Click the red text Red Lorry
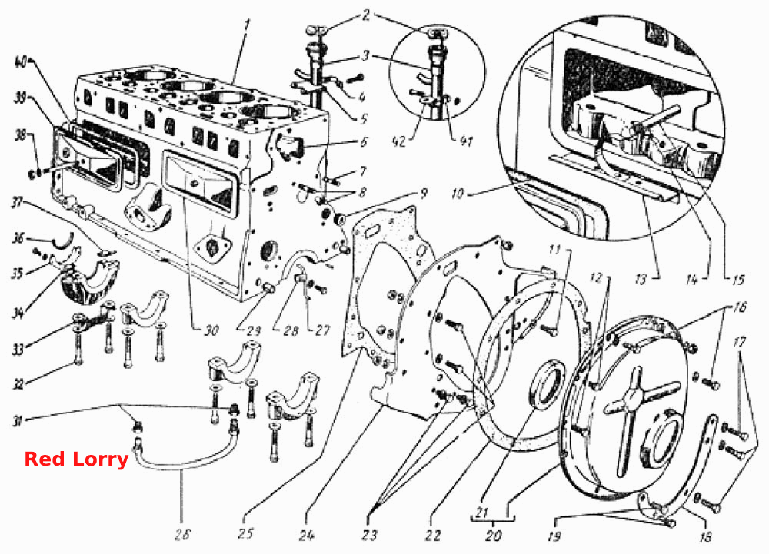tap(76, 459)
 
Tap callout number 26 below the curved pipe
tap(181, 533)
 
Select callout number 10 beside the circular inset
tap(457, 194)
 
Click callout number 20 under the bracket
tap(494, 535)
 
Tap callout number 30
tap(210, 332)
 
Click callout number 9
tap(422, 194)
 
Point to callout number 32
tap(18, 383)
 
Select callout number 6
tap(364, 142)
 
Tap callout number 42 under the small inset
tap(400, 141)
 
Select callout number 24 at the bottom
tap(306, 536)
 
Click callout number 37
tap(18, 202)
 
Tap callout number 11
tap(554, 250)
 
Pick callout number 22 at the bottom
tap(432, 536)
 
